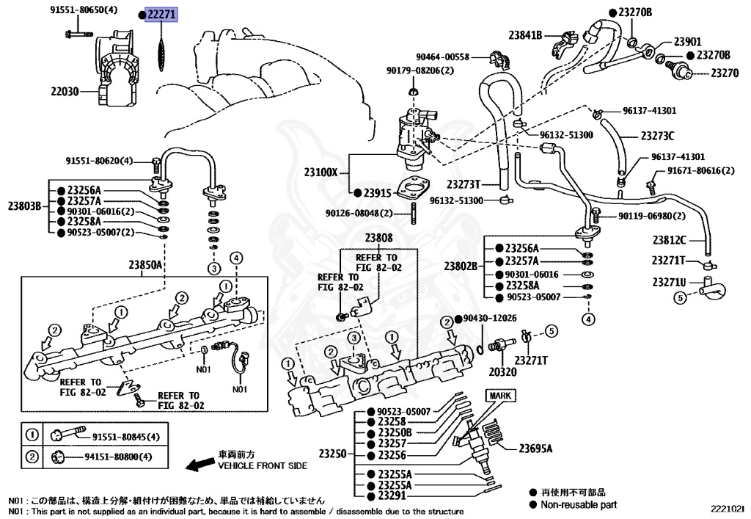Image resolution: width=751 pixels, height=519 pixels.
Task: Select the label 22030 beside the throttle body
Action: click(x=65, y=92)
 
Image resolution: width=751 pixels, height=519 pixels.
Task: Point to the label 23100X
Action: click(x=321, y=173)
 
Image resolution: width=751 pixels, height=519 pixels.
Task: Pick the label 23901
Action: click(x=688, y=42)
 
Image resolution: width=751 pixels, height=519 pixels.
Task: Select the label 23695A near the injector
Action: click(x=535, y=449)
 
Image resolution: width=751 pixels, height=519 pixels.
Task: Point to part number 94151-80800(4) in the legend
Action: click(x=117, y=457)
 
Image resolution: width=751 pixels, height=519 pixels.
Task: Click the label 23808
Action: click(x=379, y=238)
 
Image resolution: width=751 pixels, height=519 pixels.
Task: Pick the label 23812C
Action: click(x=669, y=239)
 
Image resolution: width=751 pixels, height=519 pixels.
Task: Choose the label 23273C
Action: click(x=657, y=136)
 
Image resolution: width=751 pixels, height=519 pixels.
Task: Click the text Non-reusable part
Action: click(x=579, y=504)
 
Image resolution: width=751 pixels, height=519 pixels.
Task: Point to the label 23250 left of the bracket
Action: click(x=331, y=454)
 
